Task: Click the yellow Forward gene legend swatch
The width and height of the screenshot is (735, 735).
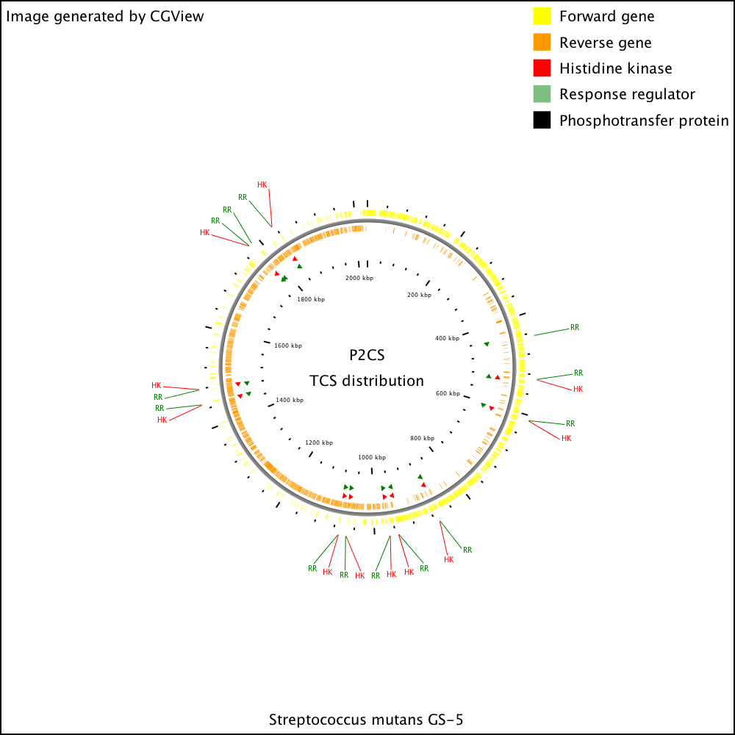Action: click(x=542, y=16)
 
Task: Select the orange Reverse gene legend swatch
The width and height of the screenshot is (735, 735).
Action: click(x=542, y=42)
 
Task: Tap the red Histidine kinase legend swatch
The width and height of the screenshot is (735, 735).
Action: click(x=542, y=68)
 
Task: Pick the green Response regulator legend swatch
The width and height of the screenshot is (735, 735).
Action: click(x=542, y=94)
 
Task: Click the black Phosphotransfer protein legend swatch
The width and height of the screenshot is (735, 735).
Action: click(x=542, y=120)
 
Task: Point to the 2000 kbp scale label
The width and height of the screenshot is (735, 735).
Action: click(x=359, y=278)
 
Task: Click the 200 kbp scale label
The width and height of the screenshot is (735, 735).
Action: click(x=419, y=295)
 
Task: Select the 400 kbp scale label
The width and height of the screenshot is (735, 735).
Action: click(x=447, y=338)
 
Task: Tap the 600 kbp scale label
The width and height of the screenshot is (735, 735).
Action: click(x=448, y=393)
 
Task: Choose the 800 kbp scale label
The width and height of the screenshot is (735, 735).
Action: click(x=423, y=438)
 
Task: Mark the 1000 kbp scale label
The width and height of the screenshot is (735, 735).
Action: click(x=372, y=457)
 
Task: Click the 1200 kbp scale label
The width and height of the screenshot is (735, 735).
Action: click(x=319, y=442)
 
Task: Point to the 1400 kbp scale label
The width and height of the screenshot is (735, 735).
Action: click(x=290, y=400)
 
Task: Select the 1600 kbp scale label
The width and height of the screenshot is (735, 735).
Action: click(x=288, y=345)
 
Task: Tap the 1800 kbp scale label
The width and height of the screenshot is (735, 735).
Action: click(x=311, y=299)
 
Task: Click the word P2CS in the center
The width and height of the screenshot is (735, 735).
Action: click(x=367, y=355)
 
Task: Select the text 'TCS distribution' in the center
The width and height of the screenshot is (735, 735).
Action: click(x=367, y=381)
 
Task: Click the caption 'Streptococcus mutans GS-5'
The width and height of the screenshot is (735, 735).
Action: click(x=366, y=720)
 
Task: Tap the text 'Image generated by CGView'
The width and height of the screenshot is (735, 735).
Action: click(x=105, y=16)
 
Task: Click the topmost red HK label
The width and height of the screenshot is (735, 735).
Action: click(x=262, y=184)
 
